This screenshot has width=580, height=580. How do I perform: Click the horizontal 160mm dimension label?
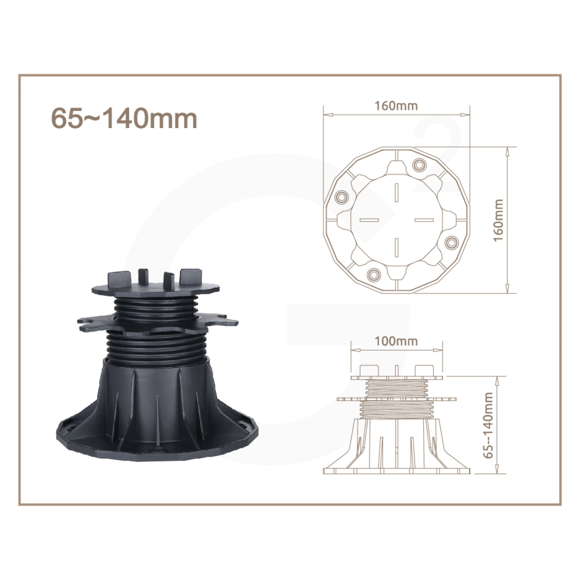(396, 106)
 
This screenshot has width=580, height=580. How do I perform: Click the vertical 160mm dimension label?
(499, 220)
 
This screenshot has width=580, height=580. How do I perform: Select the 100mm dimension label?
(396, 341)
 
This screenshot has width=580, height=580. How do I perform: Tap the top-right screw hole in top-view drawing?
(418, 164)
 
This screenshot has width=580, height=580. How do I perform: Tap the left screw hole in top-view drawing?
(341, 197)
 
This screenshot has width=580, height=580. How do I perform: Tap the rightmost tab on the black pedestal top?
(190, 276)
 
